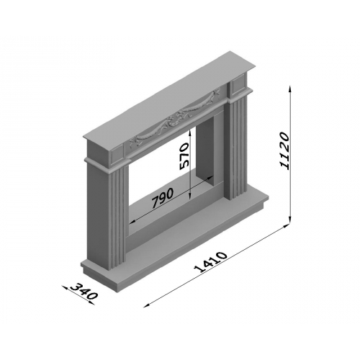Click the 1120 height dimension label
[x=284, y=151]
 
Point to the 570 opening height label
[x=184, y=156]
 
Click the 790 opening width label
[x=163, y=197]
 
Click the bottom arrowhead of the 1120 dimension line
[x=290, y=219]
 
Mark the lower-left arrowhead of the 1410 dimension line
[x=145, y=306]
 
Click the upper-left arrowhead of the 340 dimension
[x=64, y=287]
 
